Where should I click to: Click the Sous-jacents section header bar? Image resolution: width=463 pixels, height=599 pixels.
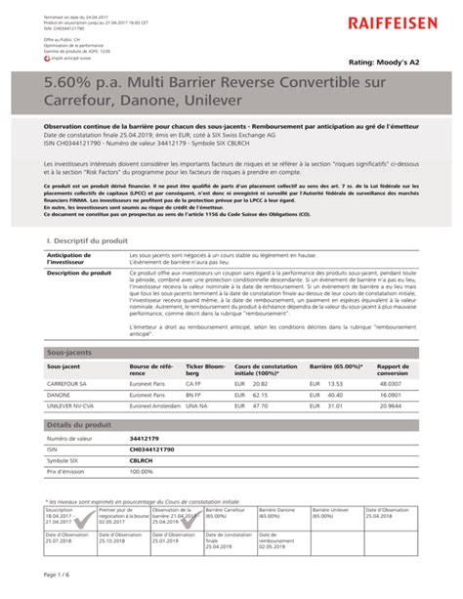pos(231,351)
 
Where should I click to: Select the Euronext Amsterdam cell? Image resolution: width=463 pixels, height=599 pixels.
pos(155,406)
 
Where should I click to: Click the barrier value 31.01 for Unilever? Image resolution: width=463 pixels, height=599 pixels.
pos(337,406)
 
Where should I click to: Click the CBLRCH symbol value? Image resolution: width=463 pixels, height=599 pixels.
pos(144,459)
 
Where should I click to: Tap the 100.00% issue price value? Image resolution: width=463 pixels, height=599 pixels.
pos(143,470)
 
